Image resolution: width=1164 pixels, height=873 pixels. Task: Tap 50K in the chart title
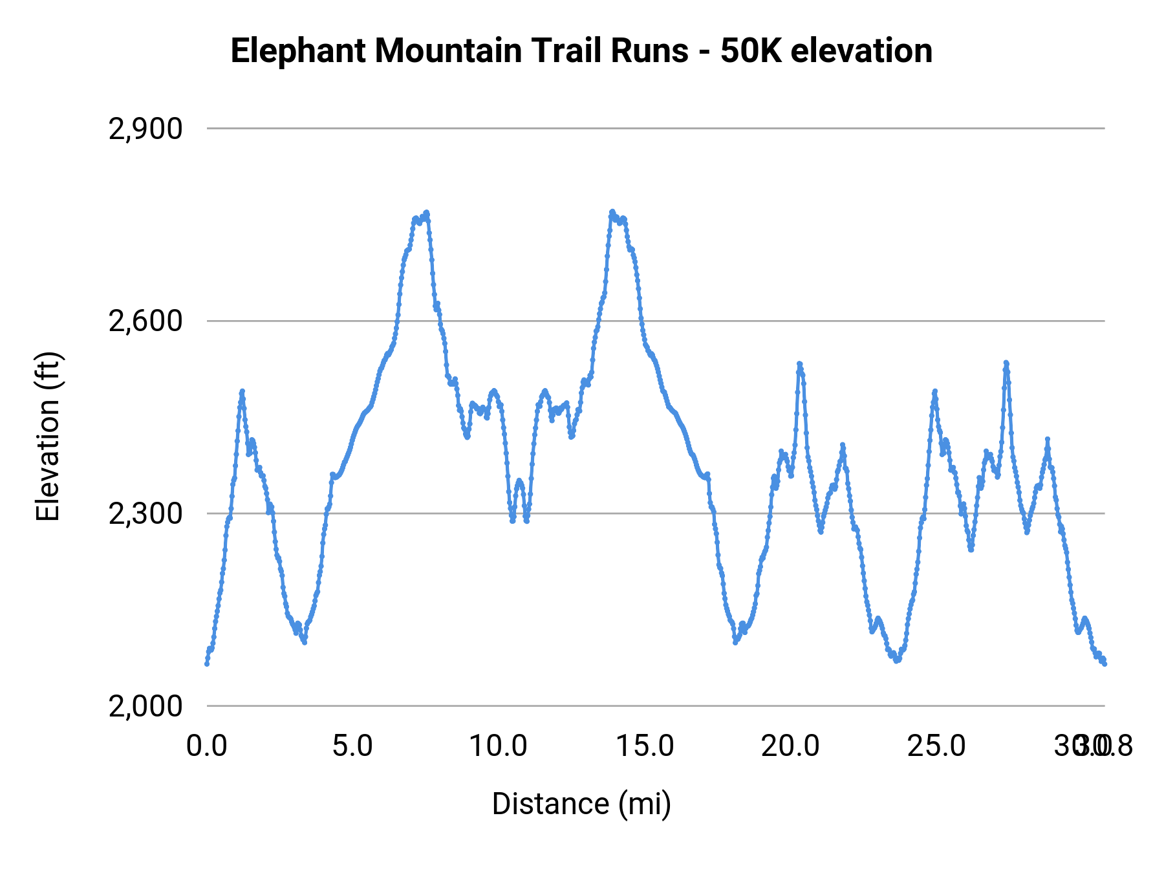tap(750, 52)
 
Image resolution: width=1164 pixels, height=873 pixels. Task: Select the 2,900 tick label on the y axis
tap(145, 129)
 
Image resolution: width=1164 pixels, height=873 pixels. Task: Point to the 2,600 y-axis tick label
tap(145, 321)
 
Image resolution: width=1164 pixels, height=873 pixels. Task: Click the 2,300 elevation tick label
tap(145, 514)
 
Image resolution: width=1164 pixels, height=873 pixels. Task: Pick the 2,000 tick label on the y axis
tap(145, 706)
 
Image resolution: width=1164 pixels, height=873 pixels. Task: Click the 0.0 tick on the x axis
tap(207, 746)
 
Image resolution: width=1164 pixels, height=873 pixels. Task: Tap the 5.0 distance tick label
tap(352, 746)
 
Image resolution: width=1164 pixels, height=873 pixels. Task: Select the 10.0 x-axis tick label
tap(498, 746)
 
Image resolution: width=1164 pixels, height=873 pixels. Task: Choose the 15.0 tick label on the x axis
tap(645, 746)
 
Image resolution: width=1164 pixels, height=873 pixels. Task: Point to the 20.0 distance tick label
tap(790, 746)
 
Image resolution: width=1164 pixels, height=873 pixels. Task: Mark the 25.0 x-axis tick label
tap(936, 746)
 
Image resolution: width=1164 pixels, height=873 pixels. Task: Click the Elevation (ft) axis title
tap(48, 436)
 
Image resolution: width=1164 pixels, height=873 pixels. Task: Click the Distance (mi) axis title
tap(581, 804)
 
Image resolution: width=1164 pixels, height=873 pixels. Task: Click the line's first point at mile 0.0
tap(207, 663)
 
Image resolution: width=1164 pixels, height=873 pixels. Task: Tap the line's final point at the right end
tap(1105, 663)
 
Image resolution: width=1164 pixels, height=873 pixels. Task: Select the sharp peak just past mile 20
tap(799, 364)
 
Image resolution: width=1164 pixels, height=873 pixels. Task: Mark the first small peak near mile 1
tap(242, 391)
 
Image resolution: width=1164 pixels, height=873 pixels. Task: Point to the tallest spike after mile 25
tap(1006, 363)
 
